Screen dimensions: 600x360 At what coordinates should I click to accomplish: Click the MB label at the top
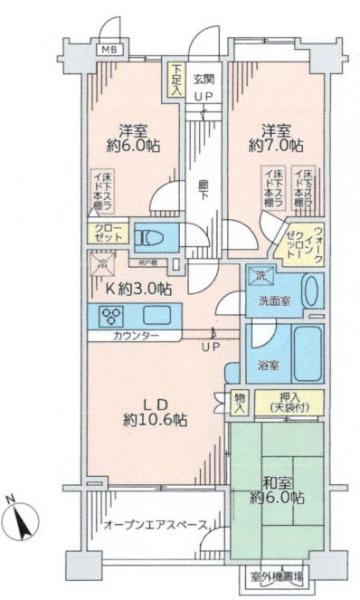(106, 47)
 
